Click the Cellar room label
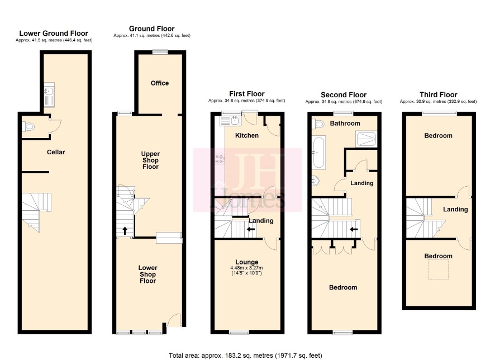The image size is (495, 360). [56, 152]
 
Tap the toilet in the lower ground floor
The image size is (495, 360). [28, 127]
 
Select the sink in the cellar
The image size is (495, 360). [49, 94]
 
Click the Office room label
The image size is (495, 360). [160, 83]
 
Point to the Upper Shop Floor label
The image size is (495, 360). [150, 160]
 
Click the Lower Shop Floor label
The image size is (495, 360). [147, 274]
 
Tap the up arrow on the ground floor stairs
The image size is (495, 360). [125, 230]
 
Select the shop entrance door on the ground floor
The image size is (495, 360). [174, 320]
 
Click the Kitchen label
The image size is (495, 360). [247, 135]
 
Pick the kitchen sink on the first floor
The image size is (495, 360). [230, 121]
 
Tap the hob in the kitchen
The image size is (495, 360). [220, 159]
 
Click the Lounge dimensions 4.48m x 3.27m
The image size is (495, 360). [246, 268]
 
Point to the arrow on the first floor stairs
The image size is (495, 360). [251, 229]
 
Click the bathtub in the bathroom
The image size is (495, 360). [318, 152]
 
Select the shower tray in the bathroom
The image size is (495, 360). [366, 139]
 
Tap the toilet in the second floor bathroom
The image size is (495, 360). [317, 123]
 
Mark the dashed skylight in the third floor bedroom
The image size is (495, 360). [438, 269]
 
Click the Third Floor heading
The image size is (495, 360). [438, 94]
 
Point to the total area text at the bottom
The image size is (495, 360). [245, 356]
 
